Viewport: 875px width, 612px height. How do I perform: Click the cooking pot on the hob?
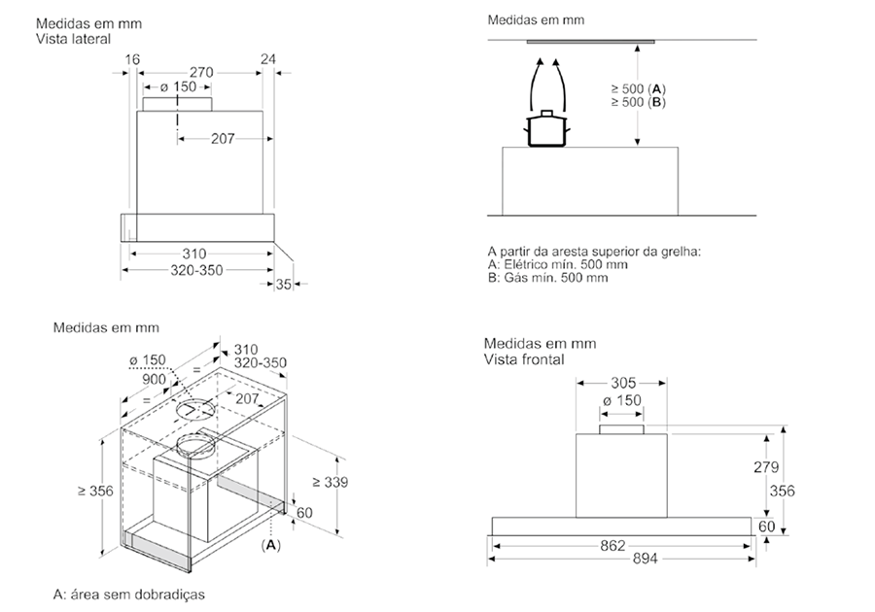click(546, 129)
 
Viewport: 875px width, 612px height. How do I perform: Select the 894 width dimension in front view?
click(645, 559)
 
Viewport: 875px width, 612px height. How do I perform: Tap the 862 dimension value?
click(612, 545)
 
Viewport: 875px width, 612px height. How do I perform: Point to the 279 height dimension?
click(766, 467)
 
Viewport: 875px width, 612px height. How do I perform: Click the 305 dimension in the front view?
click(623, 383)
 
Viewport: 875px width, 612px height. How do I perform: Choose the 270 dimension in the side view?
click(201, 73)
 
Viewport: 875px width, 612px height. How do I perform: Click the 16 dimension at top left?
click(132, 59)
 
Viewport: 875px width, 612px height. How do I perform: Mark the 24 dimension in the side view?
click(268, 59)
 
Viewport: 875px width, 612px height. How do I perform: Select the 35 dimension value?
click(284, 285)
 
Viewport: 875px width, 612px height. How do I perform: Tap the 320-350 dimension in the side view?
click(196, 270)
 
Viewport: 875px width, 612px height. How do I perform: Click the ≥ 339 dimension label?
click(330, 482)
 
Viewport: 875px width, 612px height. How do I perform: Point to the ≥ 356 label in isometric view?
click(95, 491)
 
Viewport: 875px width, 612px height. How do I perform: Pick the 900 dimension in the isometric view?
click(154, 380)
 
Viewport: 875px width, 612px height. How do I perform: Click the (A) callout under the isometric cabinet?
click(271, 545)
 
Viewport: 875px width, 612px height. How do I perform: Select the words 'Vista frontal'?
click(524, 359)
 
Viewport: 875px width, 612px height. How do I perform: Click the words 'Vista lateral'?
click(74, 39)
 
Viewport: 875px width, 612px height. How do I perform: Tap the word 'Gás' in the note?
click(516, 278)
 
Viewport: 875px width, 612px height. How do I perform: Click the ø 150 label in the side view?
click(178, 87)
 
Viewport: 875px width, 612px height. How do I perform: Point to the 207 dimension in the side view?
click(223, 139)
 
